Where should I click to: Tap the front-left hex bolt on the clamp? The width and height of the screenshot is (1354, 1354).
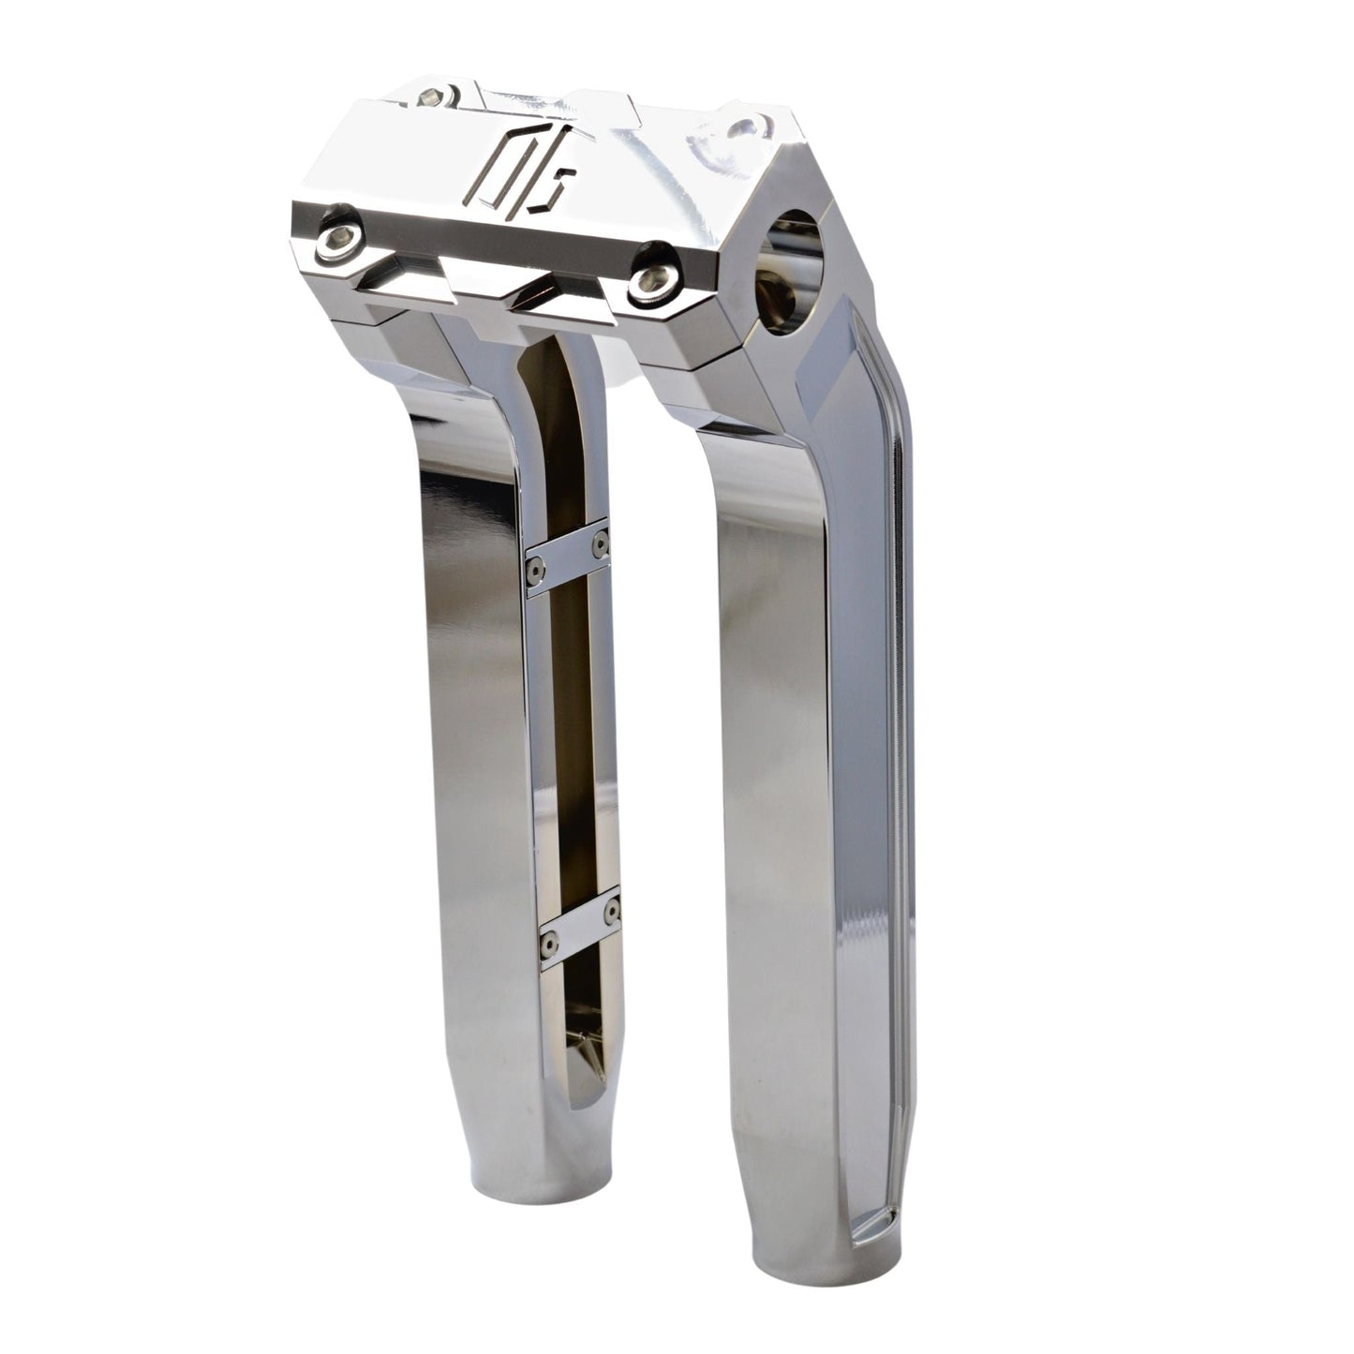335,240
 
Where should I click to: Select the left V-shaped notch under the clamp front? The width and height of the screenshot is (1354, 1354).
405,277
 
